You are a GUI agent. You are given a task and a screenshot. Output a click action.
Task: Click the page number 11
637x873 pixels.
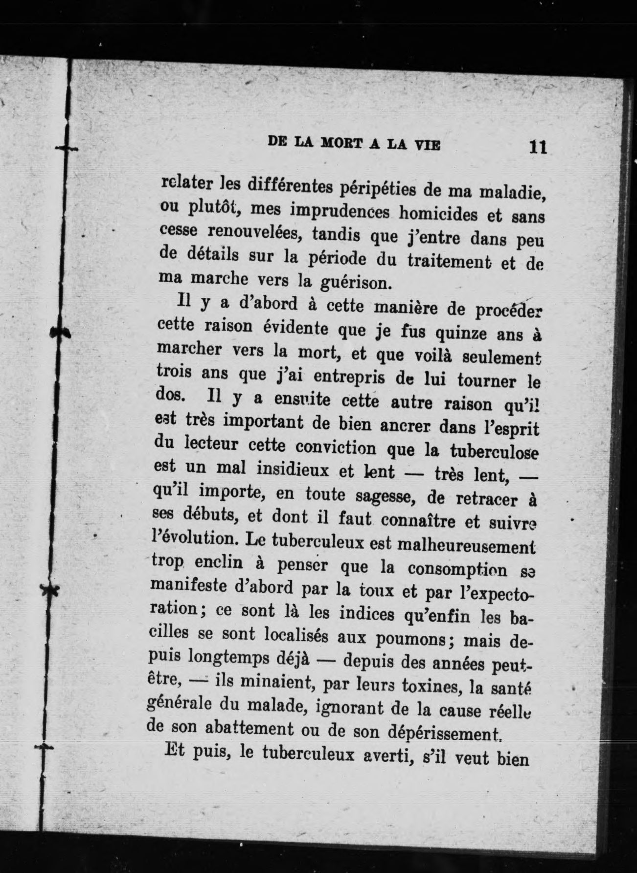pyautogui.click(x=537, y=147)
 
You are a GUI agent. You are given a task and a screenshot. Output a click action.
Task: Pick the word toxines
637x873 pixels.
pyautogui.click(x=429, y=686)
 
